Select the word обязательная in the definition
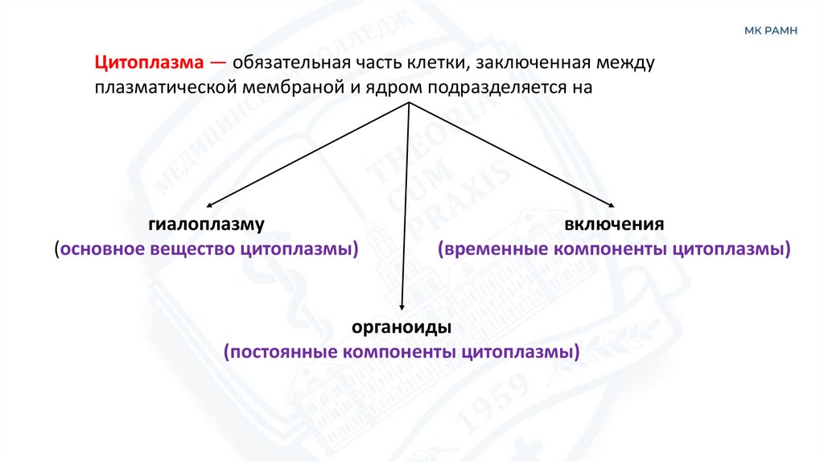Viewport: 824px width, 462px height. tap(299, 62)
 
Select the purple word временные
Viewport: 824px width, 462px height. tap(492, 249)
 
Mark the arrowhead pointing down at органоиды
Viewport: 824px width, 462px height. tap(402, 307)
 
